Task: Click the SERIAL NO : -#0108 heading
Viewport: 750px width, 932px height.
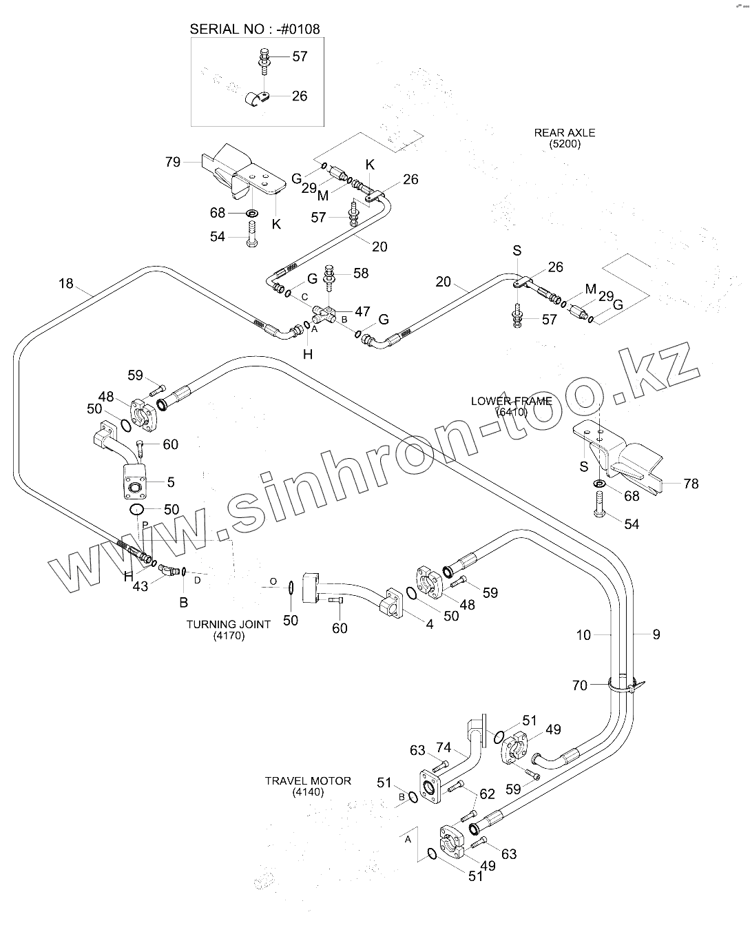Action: tap(255, 29)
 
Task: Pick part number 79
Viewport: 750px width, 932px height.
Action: tap(173, 162)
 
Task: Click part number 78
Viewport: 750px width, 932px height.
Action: tap(691, 484)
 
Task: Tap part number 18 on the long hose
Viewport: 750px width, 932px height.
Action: tap(65, 284)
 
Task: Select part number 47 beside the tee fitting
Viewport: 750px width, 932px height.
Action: tap(362, 311)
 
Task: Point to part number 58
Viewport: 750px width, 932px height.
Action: tap(361, 273)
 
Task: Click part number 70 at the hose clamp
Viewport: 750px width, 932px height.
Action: tap(580, 685)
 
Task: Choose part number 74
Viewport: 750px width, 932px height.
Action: tap(444, 748)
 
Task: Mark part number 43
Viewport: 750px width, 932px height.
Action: tap(140, 586)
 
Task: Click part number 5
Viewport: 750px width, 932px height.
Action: tap(171, 483)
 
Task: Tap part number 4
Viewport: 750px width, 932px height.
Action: tap(430, 625)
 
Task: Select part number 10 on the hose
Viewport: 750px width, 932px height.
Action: tap(583, 634)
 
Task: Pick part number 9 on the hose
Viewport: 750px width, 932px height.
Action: tap(656, 634)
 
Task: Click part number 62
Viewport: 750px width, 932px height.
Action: tap(487, 794)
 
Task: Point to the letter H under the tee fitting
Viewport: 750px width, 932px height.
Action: tap(308, 354)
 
